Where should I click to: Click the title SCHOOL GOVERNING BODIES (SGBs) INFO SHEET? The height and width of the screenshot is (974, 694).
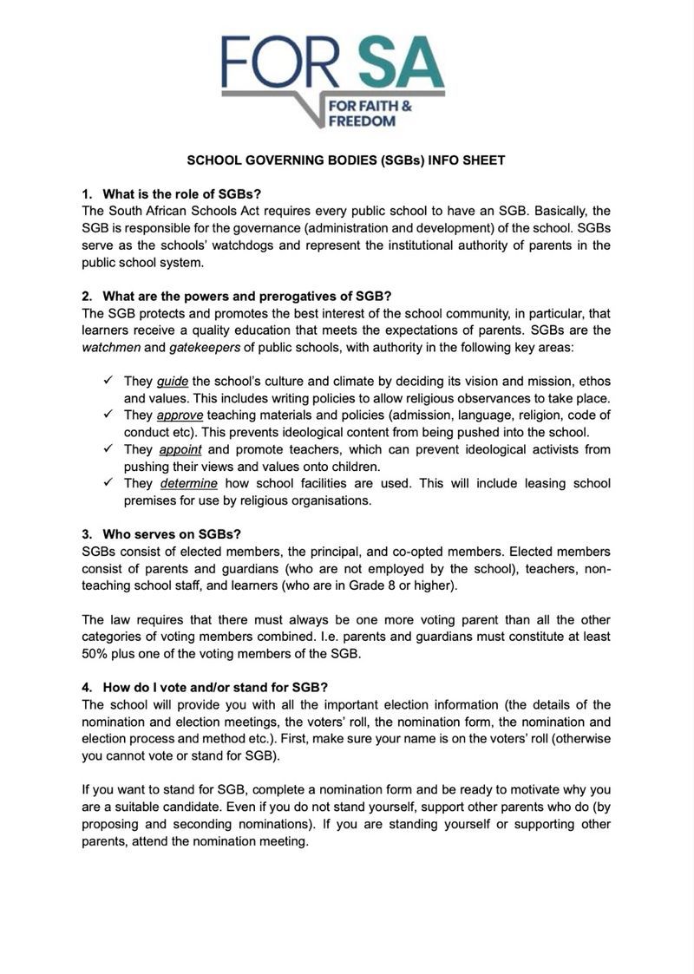(346, 160)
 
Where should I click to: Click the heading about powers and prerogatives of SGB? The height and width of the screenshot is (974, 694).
(247, 295)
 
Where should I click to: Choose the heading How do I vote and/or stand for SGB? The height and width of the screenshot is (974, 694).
(214, 687)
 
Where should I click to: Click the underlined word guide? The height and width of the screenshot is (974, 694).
(173, 381)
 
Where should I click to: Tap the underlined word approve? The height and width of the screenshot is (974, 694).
(180, 415)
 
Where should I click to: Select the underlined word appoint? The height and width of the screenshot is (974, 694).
(180, 449)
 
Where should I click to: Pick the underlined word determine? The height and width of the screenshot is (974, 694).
(188, 483)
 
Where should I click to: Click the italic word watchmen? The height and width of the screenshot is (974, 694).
(110, 347)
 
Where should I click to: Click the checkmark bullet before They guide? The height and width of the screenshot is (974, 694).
(108, 381)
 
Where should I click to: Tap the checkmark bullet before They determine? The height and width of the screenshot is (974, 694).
(108, 483)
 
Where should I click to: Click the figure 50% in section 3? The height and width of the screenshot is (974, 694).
(95, 653)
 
